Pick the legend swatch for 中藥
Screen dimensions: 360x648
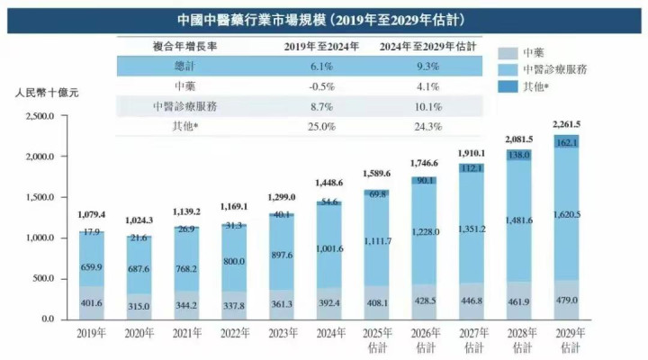pos(506,52)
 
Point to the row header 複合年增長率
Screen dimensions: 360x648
pos(184,47)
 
